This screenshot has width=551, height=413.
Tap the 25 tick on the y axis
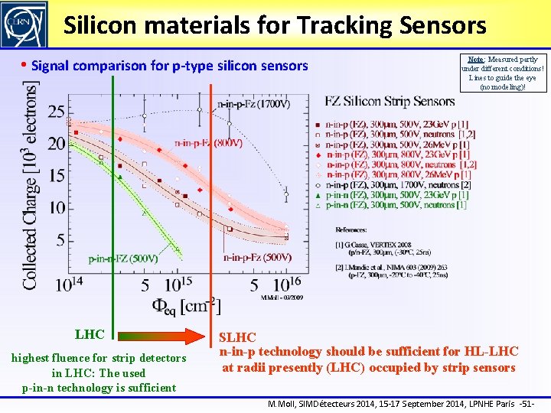click(x=55, y=112)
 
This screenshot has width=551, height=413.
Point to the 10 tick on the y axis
click(x=55, y=208)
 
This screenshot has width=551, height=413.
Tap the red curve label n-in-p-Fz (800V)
click(x=209, y=142)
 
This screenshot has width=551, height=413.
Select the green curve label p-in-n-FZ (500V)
click(x=123, y=259)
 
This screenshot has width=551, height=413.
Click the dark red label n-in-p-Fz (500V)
click(x=257, y=258)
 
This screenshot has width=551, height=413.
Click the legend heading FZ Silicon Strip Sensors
click(x=390, y=101)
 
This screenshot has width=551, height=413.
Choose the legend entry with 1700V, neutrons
click(x=398, y=185)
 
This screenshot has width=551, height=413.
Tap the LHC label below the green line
click(x=90, y=334)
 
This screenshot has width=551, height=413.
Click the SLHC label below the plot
click(x=237, y=337)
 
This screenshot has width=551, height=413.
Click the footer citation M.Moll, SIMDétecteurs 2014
click(x=397, y=403)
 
